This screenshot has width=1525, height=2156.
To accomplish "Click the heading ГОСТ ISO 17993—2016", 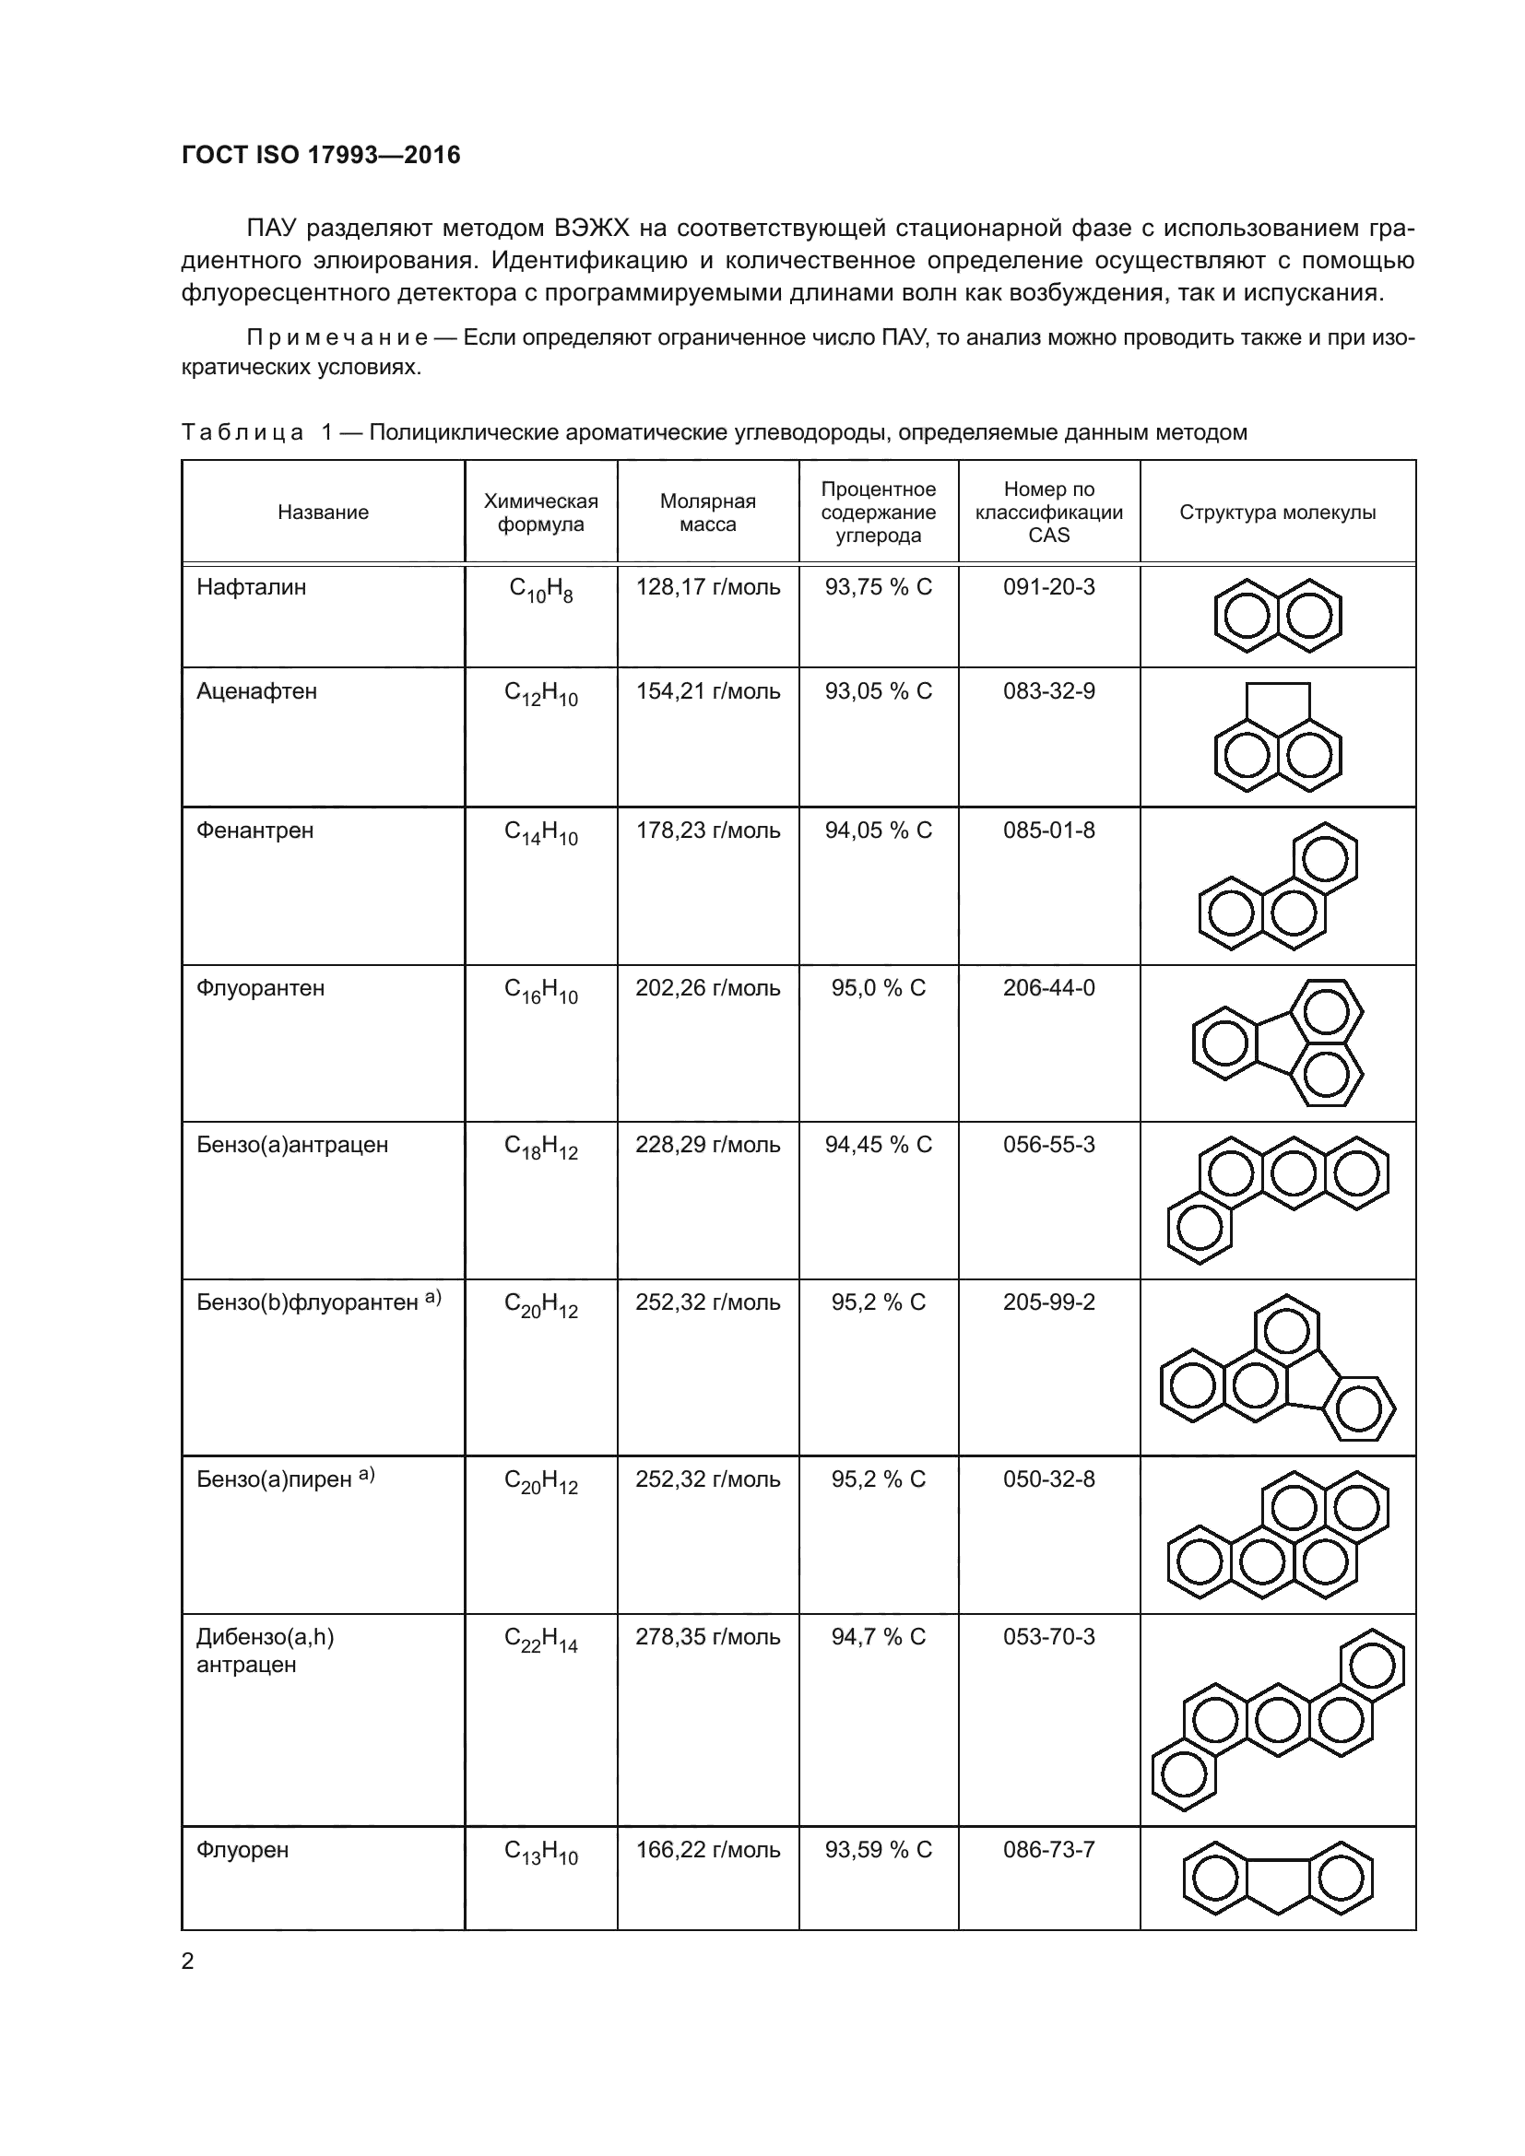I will (321, 155).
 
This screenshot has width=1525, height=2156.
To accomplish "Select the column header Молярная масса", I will (707, 512).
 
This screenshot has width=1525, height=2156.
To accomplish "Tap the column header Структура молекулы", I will (1277, 512).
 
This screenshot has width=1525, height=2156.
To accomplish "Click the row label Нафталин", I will (251, 588).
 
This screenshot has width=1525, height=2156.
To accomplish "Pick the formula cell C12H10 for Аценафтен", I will (541, 694).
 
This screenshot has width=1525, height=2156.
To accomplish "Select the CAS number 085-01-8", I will (1048, 831).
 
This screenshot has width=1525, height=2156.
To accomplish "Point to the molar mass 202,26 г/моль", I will (707, 988).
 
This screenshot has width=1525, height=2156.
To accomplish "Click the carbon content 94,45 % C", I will (878, 1145).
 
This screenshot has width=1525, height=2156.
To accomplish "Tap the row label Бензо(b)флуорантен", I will (307, 1302).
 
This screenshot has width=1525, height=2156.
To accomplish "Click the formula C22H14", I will (541, 1640).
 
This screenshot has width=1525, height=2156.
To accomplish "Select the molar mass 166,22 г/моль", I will (707, 1849).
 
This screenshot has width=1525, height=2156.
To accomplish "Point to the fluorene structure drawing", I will (1277, 1878).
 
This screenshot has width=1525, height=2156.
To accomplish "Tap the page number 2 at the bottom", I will (188, 1962).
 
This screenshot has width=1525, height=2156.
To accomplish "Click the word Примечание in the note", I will (337, 338).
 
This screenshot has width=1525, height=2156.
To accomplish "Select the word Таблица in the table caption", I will (242, 433).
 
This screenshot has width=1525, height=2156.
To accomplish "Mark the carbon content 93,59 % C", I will (878, 1849).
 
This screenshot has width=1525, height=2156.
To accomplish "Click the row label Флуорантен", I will (260, 988).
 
